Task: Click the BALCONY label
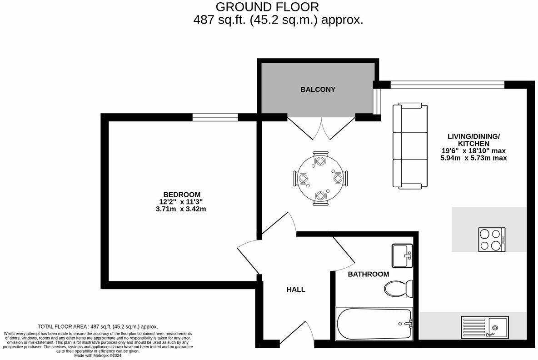(x=318, y=90)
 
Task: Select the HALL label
(x=296, y=290)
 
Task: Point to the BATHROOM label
(x=368, y=274)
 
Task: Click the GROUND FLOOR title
(x=267, y=7)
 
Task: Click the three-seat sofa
(x=410, y=146)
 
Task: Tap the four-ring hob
(x=492, y=240)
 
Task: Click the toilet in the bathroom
(x=398, y=287)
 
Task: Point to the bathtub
(x=374, y=324)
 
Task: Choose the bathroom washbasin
(x=402, y=256)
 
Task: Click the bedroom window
(x=215, y=117)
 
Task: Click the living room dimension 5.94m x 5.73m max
(x=473, y=158)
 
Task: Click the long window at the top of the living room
(x=447, y=84)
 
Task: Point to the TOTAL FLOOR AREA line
(x=98, y=326)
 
